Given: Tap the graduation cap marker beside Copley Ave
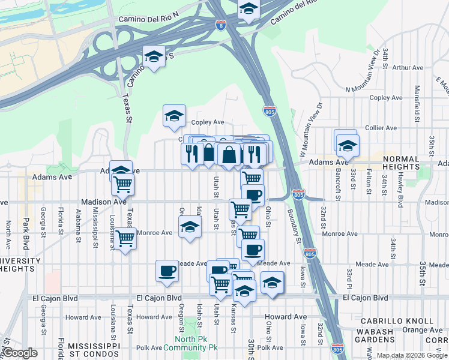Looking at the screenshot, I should tap(174, 116).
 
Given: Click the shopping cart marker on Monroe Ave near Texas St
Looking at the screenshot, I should tap(125, 239).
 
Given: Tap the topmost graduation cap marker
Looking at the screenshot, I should tap(247, 9).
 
